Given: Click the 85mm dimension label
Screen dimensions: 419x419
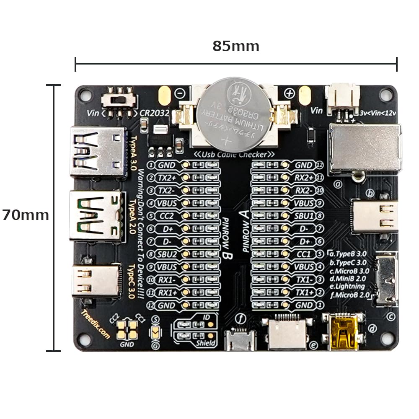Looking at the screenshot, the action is (x=235, y=46).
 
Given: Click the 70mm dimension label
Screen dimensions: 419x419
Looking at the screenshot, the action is (x=26, y=215).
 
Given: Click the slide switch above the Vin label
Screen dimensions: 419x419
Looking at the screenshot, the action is (x=120, y=100).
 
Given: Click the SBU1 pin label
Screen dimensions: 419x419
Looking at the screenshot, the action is (x=305, y=216).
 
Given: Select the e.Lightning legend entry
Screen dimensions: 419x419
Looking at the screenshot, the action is (x=347, y=287).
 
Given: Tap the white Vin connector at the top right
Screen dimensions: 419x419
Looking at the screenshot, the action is (x=343, y=97).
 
